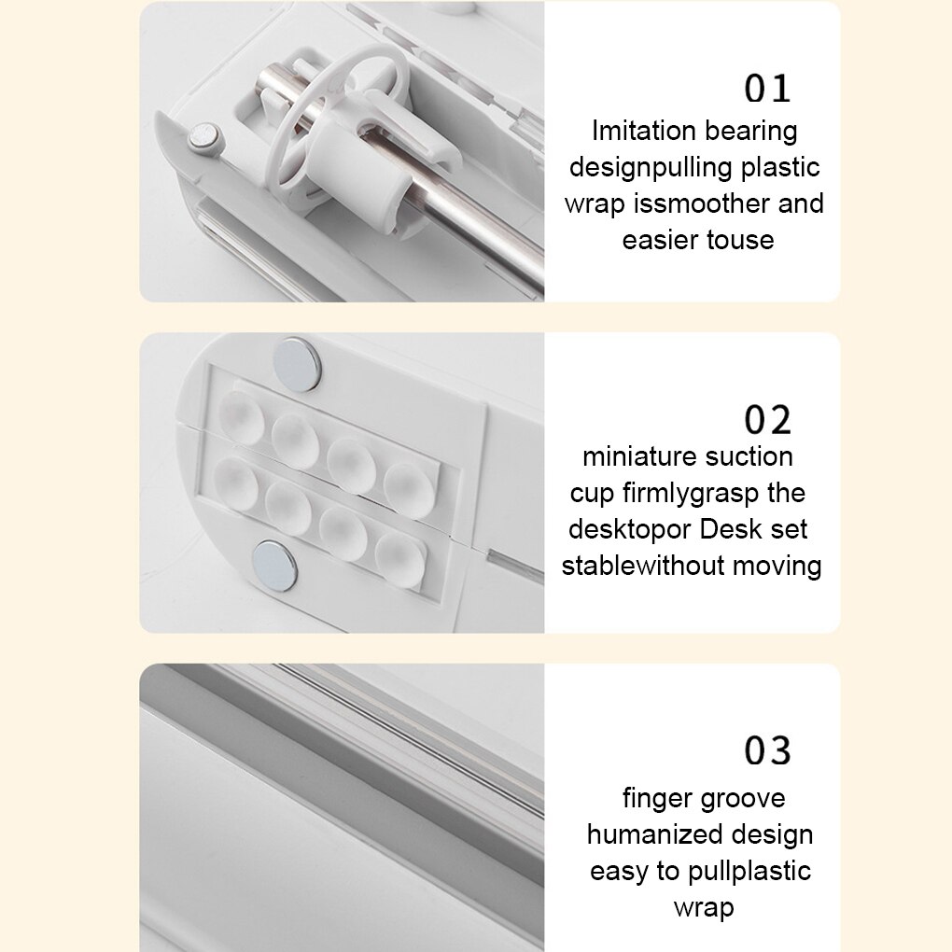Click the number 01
coord(767,89)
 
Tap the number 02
coord(767,420)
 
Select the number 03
coord(767,751)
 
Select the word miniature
coord(633,456)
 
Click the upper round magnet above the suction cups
coord(297,364)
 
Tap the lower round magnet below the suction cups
coord(274,567)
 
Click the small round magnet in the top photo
coord(204,136)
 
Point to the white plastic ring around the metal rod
coord(332,115)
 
